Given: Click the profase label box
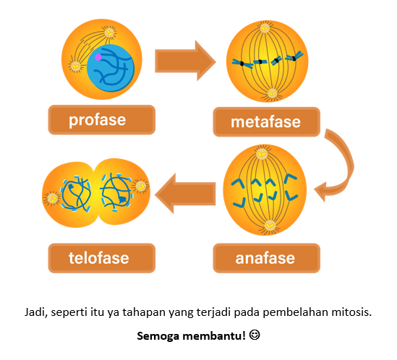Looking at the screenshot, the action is coord(101,120).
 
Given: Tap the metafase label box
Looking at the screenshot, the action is coord(266,121).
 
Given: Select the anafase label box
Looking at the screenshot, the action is coord(266,258).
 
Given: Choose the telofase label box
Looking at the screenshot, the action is coord(101,258).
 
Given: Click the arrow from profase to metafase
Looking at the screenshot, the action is coord(185,61).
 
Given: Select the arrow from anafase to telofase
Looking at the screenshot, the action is coord(185,194).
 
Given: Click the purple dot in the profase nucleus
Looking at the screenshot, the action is coord(98,57).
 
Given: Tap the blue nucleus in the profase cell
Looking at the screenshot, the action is coord(111,68).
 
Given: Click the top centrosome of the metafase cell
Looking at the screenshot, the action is coord(265,28).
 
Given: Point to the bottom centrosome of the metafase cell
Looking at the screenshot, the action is coord(272,94).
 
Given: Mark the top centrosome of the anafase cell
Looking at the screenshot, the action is coord(262,154).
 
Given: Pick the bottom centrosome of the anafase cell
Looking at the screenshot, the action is coord(270,225).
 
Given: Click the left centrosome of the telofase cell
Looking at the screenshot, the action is coord(52,199).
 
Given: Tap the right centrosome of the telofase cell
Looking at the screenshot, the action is coord(141,187).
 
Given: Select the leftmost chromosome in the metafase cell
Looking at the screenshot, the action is coord(242,64).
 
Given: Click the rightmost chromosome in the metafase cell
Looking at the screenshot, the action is coord(294,56).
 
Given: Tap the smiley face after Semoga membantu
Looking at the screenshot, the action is coord(255,335).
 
